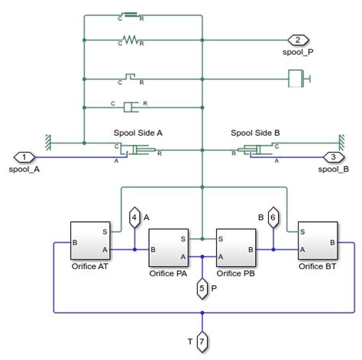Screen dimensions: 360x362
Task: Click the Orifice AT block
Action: click(x=91, y=242)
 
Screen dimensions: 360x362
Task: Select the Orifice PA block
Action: click(x=170, y=246)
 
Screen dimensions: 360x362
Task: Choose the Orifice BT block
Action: click(x=318, y=242)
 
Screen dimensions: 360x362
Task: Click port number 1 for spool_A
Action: click(x=24, y=157)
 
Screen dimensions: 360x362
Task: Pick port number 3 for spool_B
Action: click(x=334, y=157)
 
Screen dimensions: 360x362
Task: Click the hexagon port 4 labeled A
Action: click(x=134, y=217)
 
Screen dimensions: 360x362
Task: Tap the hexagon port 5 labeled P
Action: click(x=202, y=288)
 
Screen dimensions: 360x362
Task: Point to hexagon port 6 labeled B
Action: click(x=273, y=217)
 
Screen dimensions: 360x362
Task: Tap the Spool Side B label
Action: click(x=257, y=132)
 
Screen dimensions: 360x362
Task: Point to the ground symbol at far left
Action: click(x=48, y=142)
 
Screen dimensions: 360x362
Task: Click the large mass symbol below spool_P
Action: click(x=297, y=78)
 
